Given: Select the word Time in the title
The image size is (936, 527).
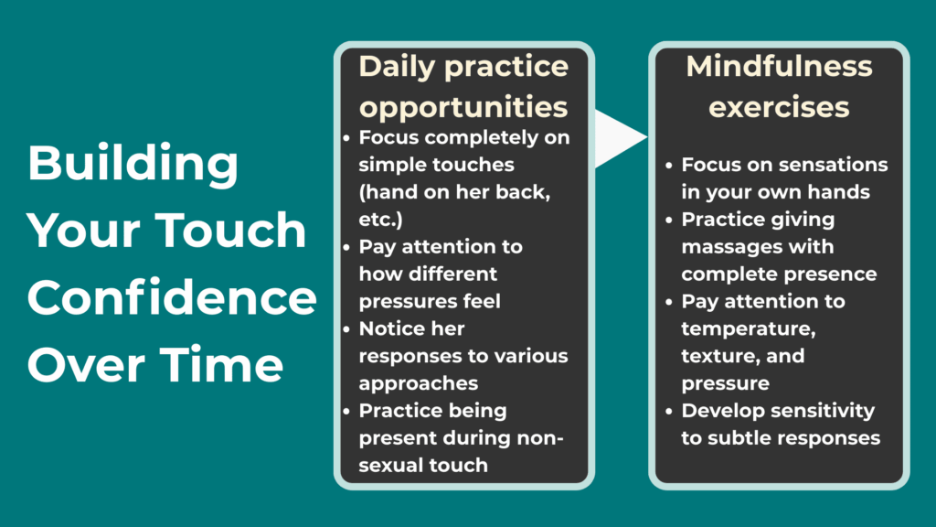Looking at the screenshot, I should tap(228, 365).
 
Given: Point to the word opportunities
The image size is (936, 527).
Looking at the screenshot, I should tap(463, 106).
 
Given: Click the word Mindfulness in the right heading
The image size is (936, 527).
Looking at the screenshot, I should tap(780, 67).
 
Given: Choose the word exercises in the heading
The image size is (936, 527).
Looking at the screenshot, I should tap(780, 107).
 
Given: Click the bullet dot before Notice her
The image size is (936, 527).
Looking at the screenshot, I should tap(346, 328).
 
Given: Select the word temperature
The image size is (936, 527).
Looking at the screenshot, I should tap(738, 328).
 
